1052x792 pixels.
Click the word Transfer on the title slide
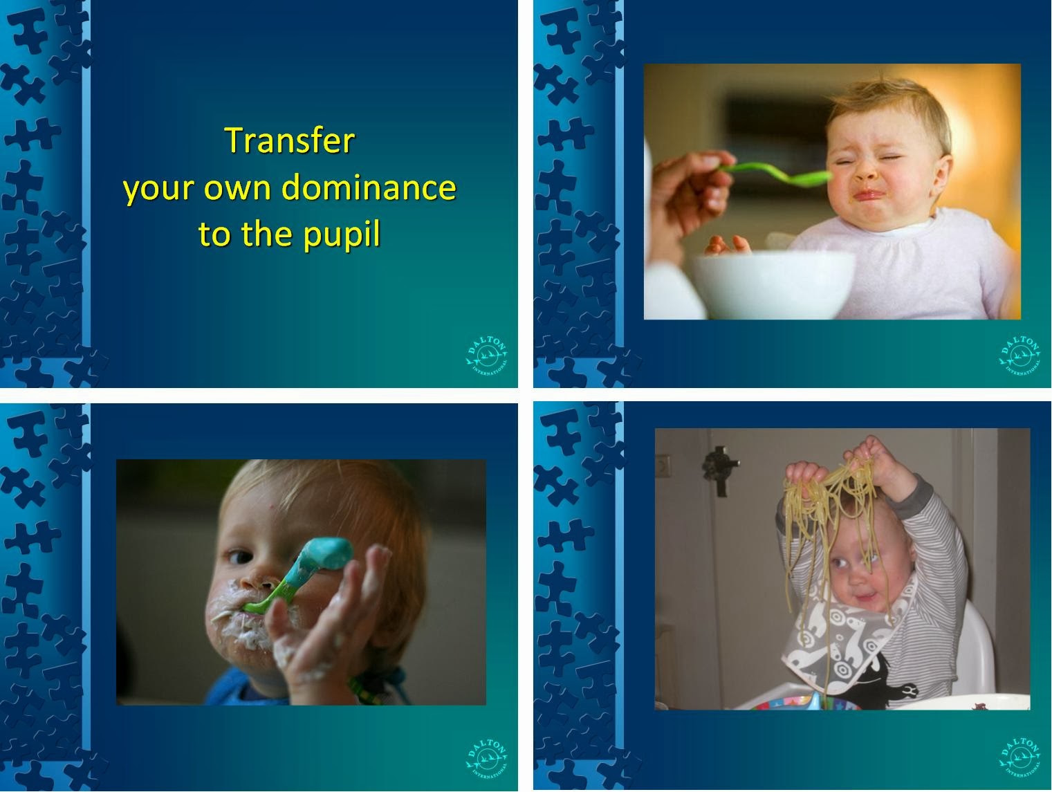point(290,140)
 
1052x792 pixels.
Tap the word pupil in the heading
point(342,234)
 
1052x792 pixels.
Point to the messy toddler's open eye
point(239,557)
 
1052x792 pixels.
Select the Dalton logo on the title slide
point(487,356)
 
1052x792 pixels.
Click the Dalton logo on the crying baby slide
point(1020,356)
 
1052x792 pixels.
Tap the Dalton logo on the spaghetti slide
point(1020,759)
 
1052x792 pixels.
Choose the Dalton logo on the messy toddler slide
point(487,759)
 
